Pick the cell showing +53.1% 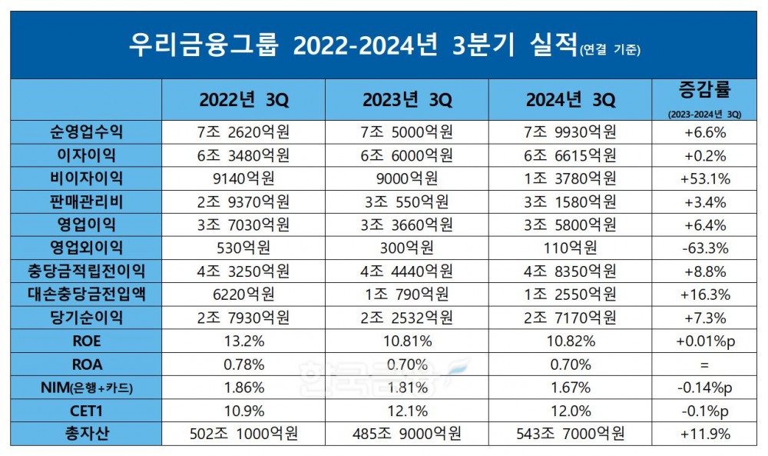point(703,178)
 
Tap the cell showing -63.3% point(703,248)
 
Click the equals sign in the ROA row point(703,364)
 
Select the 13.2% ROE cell point(243,341)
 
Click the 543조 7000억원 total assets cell point(570,434)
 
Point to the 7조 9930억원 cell point(570,132)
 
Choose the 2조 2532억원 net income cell point(406,318)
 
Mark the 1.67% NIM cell point(570,387)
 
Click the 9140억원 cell point(243,178)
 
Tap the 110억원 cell point(570,248)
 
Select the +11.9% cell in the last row point(703,434)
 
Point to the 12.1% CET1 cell point(406,410)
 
